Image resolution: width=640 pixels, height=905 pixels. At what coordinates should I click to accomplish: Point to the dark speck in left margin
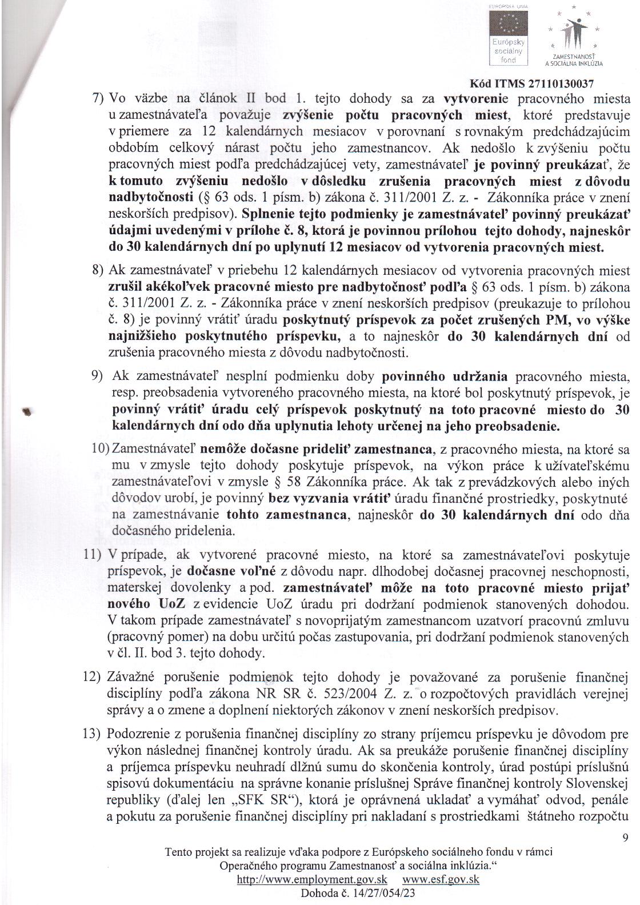(26, 410)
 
